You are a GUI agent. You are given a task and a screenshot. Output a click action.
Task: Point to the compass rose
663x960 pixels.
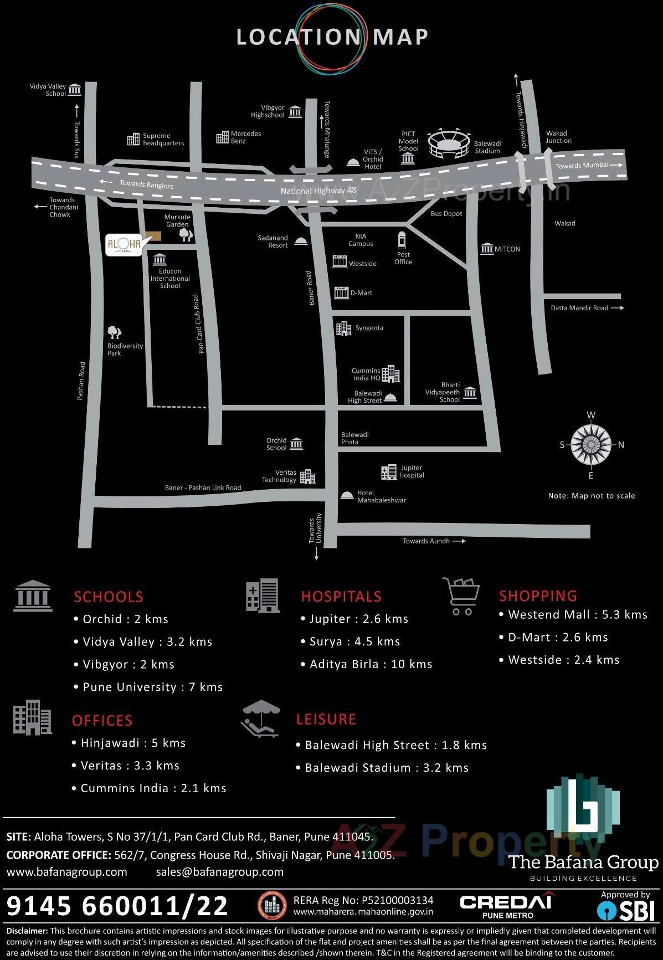[x=591, y=445]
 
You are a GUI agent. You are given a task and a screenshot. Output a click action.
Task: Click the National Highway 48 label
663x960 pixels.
[x=318, y=191]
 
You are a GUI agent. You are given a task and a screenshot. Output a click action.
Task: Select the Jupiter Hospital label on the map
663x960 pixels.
[x=412, y=471]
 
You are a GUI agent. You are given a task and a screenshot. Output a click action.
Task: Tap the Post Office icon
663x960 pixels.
[x=402, y=240]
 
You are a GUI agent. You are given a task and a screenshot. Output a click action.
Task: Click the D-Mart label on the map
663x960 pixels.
[x=361, y=293]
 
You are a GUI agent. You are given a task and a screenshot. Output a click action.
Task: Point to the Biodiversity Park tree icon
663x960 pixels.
[x=114, y=332]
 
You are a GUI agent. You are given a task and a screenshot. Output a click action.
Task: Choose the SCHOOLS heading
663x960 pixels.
[x=109, y=597]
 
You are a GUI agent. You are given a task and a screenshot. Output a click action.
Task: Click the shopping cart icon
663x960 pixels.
[x=461, y=596]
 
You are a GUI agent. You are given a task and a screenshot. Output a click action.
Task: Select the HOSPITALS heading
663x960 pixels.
[x=341, y=596]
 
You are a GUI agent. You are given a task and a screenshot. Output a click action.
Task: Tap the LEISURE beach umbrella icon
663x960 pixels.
[x=260, y=718]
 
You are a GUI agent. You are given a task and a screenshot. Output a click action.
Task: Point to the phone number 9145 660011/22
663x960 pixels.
[x=117, y=906]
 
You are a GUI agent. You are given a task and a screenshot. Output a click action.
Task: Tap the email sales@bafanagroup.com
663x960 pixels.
[x=220, y=872]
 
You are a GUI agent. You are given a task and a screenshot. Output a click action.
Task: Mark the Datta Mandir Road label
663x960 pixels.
[x=579, y=308]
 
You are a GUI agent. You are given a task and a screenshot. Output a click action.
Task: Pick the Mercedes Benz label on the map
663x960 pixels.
[x=245, y=137]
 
